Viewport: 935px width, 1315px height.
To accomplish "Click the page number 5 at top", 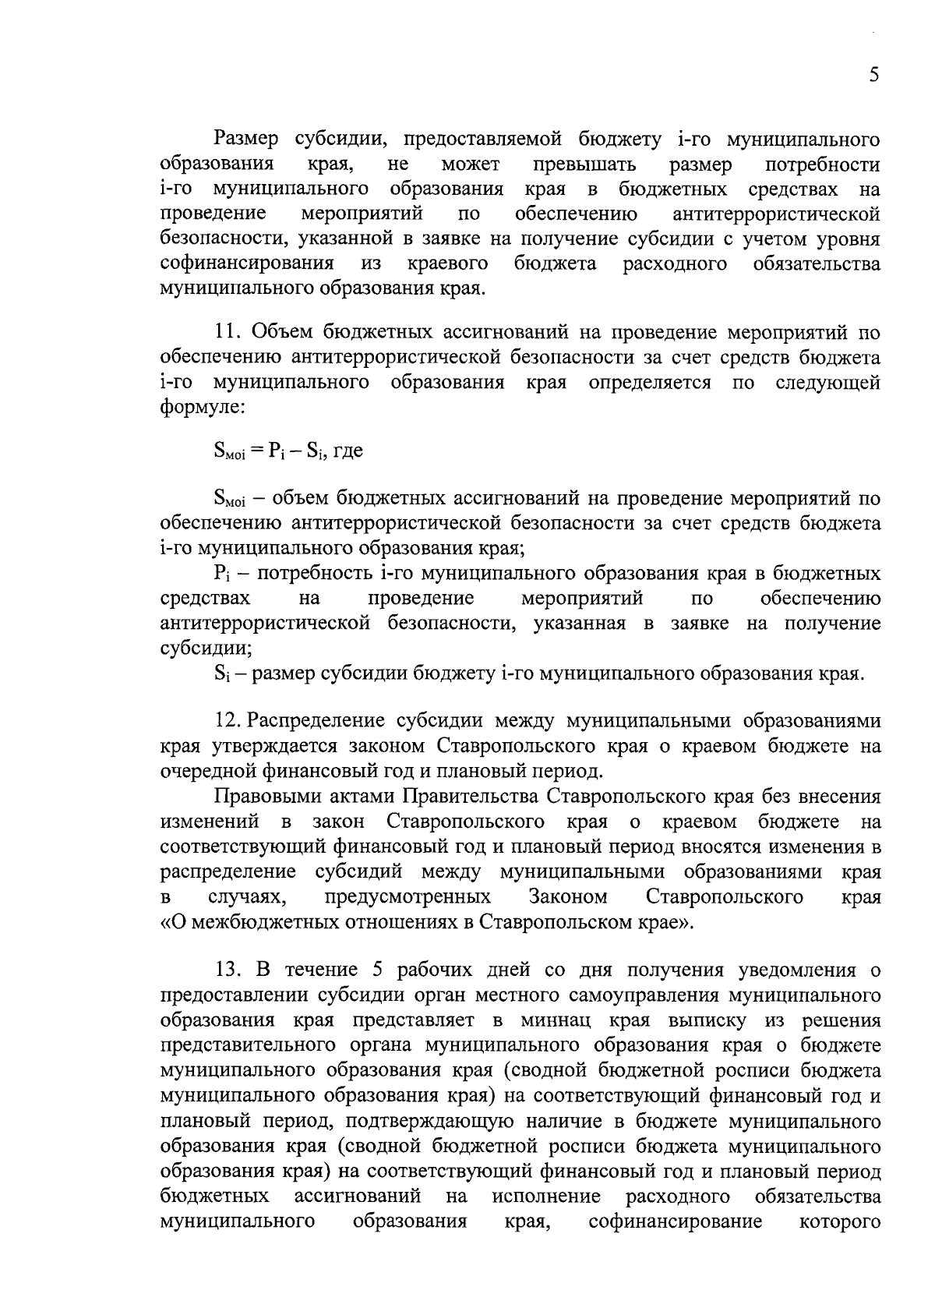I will point(873,75).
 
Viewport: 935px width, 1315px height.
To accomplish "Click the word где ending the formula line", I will point(348,451).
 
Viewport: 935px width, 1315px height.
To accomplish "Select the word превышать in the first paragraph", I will point(584,165).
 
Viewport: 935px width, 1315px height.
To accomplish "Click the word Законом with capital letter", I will point(568,896).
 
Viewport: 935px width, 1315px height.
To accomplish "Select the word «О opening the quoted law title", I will point(173,921).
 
